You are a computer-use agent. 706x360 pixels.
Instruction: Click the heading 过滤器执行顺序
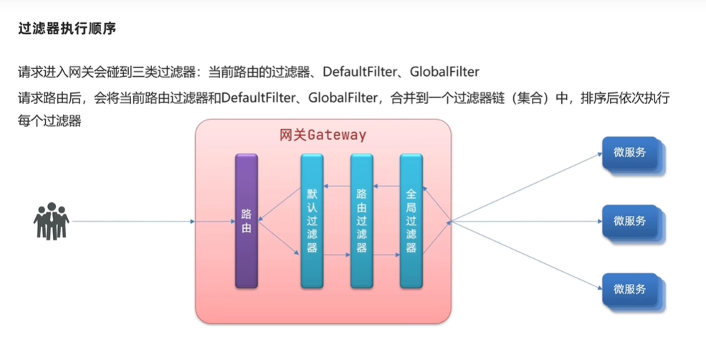[x=67, y=29]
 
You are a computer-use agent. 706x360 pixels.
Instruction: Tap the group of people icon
[x=51, y=221]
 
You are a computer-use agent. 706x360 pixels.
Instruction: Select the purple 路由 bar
[x=246, y=221]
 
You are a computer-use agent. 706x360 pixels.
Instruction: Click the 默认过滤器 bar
[x=312, y=221]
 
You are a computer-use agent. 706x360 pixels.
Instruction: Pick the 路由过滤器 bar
[x=361, y=221]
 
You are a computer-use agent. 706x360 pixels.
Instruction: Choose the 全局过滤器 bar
[x=411, y=221]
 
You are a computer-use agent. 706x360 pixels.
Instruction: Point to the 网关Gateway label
[x=323, y=135]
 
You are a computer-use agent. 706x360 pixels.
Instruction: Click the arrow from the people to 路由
[x=133, y=221]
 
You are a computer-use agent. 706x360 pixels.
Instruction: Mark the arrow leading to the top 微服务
[x=523, y=187]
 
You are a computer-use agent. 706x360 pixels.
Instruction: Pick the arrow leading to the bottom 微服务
[x=523, y=255]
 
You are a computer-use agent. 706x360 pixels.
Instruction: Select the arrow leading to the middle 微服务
[x=523, y=221]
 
